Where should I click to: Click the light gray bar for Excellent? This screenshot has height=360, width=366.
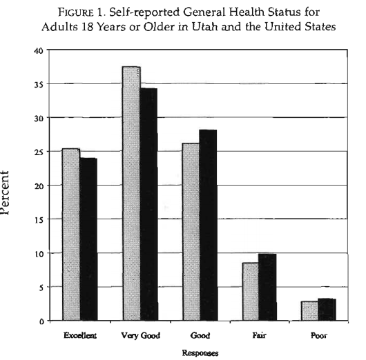[71, 234]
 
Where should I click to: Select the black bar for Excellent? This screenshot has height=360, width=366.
[88, 239]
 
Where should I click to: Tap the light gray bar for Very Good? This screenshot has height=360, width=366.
[132, 194]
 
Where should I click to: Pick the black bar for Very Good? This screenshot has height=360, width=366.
[149, 204]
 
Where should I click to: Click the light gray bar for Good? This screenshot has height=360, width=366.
[191, 232]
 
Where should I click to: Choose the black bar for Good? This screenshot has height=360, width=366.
[209, 225]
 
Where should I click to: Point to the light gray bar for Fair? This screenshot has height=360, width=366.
[251, 292]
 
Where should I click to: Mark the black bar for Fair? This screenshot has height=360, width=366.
[267, 287]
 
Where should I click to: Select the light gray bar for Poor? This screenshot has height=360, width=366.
[309, 311]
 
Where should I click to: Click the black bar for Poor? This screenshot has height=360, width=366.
[327, 310]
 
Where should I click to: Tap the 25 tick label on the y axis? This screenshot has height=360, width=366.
[39, 152]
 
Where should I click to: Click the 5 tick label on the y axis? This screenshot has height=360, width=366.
[41, 288]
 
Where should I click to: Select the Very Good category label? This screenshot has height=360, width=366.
[140, 336]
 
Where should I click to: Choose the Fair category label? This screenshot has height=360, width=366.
[260, 336]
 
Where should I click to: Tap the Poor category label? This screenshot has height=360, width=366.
[319, 336]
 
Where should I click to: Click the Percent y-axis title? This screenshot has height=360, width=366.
[5, 192]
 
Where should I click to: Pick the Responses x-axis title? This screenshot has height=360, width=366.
[200, 353]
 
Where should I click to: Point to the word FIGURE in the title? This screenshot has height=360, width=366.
[75, 12]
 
